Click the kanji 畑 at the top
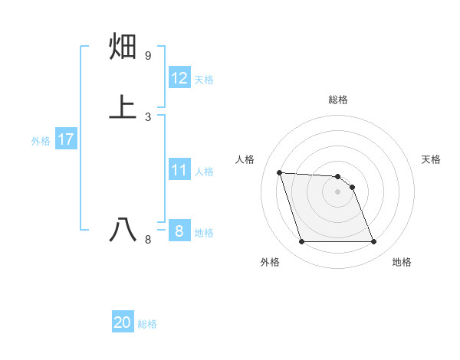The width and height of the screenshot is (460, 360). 124,47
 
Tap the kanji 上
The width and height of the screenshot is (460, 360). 124,106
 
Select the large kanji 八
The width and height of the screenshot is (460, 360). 124,229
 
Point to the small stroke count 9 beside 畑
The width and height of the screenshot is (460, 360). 147,56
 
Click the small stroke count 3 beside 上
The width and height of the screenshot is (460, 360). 147,116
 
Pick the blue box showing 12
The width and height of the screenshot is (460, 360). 179,78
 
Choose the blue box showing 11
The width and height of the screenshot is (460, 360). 179,170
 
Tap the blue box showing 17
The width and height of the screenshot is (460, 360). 65,139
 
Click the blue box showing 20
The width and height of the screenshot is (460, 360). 123,322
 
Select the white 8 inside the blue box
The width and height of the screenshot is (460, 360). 179,231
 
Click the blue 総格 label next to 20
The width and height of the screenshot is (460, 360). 147,324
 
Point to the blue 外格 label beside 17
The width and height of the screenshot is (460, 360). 41,141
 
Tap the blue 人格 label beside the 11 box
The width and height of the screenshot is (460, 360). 205,172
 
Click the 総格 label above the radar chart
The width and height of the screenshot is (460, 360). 337,100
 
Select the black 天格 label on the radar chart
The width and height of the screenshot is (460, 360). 431,159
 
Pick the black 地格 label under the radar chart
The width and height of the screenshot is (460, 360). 402,262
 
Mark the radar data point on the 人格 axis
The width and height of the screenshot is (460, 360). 280,172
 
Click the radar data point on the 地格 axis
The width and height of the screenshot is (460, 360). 373,242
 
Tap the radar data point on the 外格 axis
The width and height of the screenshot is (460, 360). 301,242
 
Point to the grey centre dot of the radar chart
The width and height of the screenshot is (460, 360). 337,191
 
